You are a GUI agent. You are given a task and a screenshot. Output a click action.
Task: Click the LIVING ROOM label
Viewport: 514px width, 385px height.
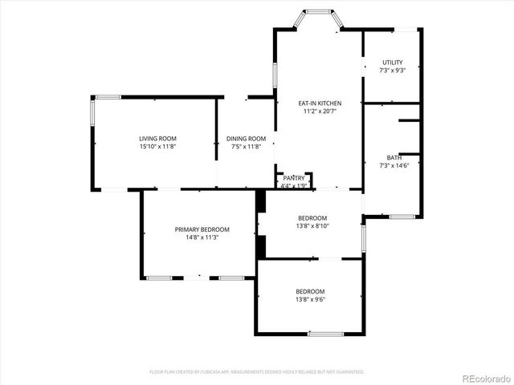(x=157, y=139)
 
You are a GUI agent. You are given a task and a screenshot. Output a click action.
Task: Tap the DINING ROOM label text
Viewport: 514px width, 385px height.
(x=246, y=139)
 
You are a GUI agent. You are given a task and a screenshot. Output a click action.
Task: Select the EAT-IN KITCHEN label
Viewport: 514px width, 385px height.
(x=320, y=103)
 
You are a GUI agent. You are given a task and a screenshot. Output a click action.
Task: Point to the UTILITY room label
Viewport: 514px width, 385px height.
(x=392, y=63)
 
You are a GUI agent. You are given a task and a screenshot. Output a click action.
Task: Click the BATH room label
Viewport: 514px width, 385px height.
(x=394, y=157)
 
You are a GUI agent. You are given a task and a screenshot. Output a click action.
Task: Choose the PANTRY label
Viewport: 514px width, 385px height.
(x=293, y=178)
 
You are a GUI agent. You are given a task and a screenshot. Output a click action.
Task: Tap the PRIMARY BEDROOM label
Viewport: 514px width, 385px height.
(x=202, y=229)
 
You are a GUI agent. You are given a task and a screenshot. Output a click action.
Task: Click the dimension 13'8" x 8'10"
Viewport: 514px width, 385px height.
(x=312, y=226)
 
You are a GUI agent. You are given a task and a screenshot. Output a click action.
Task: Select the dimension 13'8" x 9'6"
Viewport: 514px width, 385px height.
(x=310, y=299)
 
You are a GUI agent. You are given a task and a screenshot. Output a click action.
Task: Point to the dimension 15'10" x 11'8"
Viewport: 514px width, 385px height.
(x=157, y=147)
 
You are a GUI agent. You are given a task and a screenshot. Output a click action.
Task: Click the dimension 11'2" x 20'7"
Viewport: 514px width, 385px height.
(x=320, y=111)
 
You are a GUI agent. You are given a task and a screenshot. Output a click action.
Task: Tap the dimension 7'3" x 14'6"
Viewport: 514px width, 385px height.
(x=394, y=165)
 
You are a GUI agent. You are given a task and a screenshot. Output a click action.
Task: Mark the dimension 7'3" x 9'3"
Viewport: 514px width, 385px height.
(x=392, y=71)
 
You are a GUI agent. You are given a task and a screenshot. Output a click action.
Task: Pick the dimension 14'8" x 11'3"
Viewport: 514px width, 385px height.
(x=202, y=237)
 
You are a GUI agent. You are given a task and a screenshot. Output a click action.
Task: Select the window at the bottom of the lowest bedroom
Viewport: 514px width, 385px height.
(x=325, y=334)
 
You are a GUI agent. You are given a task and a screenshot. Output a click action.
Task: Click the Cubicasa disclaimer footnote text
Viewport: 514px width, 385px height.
(x=257, y=372)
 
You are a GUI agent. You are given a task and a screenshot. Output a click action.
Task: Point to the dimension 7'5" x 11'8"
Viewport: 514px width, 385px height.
(x=246, y=147)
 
